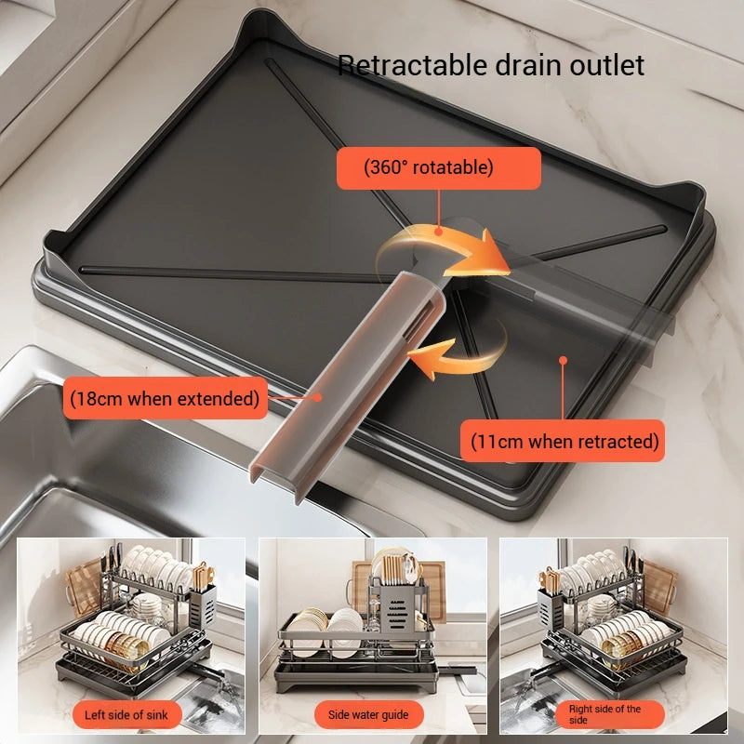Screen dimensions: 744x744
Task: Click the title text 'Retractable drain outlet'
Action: click(490, 65)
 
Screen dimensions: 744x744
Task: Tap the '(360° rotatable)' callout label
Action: click(439, 168)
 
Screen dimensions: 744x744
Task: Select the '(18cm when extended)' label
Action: click(165, 399)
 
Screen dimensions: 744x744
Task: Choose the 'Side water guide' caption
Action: click(368, 714)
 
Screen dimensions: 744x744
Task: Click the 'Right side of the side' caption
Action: click(604, 714)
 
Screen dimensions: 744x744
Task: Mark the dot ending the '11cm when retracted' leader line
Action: click(562, 357)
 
